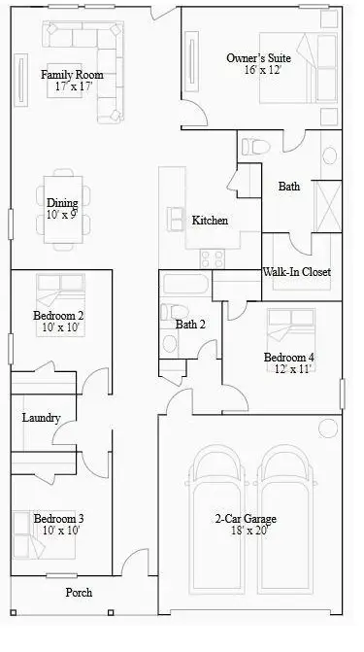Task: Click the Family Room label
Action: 72,75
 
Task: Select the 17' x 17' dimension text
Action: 72,86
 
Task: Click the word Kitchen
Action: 210,221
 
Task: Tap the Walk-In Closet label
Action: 297,272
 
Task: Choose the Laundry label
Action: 42,419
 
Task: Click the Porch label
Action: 79,592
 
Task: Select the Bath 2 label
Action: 191,325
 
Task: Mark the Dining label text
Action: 62,203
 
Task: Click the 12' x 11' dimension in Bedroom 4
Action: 289,369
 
